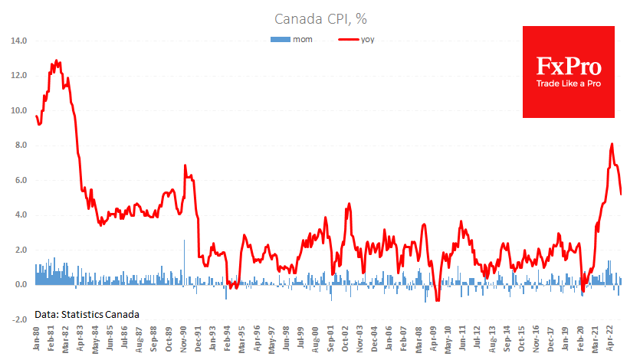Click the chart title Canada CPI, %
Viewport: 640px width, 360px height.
tap(319, 18)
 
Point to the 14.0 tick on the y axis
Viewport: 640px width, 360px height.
tap(19, 41)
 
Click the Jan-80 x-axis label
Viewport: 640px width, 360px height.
tap(36, 338)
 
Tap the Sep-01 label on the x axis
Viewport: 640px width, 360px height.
tap(330, 338)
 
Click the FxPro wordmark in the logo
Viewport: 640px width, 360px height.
tap(568, 65)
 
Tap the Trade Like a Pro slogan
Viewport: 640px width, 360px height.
tap(568, 83)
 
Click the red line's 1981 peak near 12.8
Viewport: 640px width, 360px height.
tap(57, 61)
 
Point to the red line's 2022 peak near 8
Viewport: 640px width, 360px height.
tap(612, 143)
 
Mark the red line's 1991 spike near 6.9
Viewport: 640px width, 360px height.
tap(185, 165)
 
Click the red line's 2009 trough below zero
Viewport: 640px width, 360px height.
tap(437, 301)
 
